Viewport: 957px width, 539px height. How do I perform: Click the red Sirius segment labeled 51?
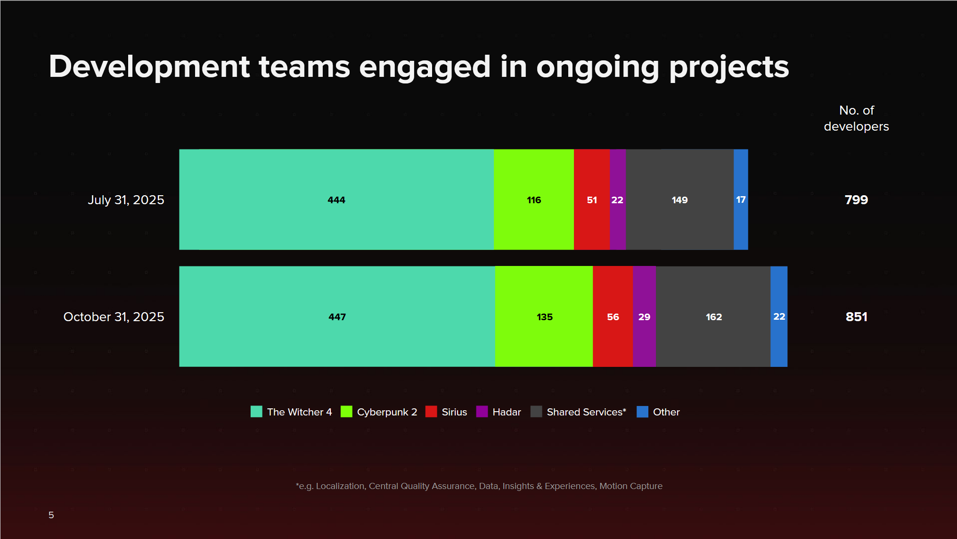[x=591, y=199]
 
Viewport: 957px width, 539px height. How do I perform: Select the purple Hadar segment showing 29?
[x=644, y=316]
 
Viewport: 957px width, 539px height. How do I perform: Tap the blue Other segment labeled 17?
[x=741, y=199]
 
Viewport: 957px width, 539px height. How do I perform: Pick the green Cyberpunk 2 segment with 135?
[x=544, y=316]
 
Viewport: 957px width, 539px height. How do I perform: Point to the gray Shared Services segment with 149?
[x=679, y=199]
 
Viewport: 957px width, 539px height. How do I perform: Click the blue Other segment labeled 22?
[x=779, y=316]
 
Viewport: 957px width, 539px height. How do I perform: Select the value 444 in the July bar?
[x=336, y=200]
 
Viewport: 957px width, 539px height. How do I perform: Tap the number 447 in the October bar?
[x=337, y=317]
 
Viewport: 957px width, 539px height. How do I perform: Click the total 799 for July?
[x=856, y=199]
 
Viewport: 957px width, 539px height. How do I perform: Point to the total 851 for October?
[x=856, y=316]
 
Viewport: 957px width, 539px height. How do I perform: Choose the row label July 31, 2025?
[x=126, y=200]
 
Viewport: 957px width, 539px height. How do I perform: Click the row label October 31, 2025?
[x=114, y=317]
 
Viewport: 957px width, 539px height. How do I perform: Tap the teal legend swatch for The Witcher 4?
[x=256, y=412]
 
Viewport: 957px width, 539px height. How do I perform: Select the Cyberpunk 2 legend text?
[x=387, y=412]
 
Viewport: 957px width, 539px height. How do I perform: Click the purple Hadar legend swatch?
[x=482, y=412]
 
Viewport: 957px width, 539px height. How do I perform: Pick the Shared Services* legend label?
[x=586, y=412]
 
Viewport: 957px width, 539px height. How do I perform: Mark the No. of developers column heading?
[x=856, y=118]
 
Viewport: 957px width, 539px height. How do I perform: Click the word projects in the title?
[x=729, y=67]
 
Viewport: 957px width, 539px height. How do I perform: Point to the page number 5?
[x=51, y=515]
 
